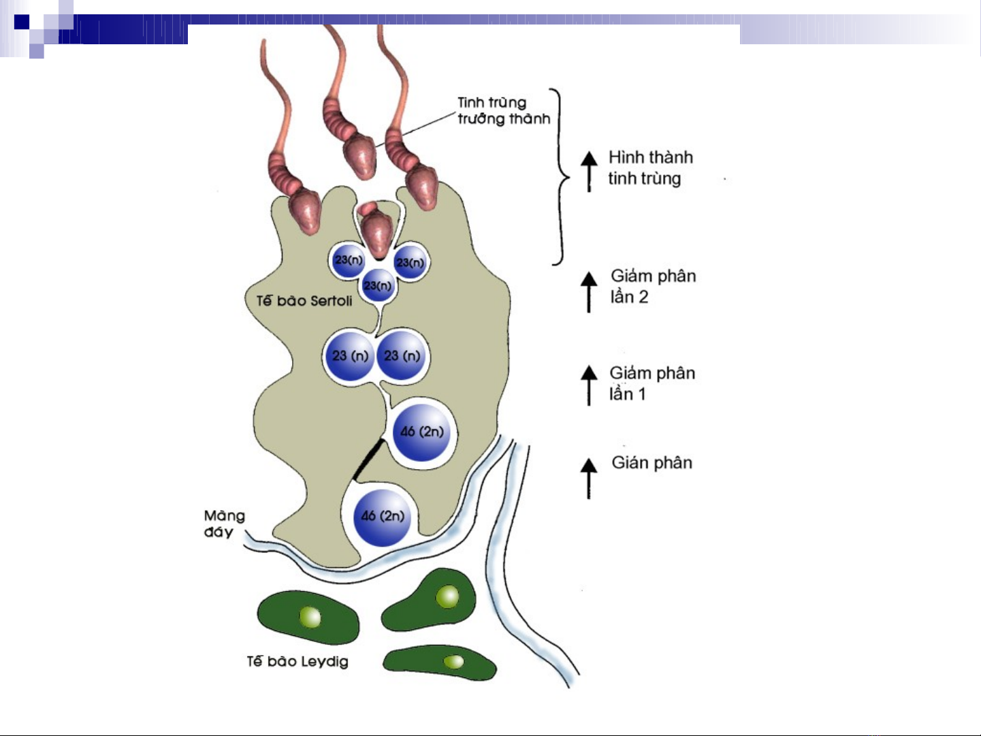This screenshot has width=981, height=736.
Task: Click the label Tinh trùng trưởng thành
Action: point(503,111)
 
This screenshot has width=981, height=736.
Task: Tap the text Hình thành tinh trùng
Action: point(649,167)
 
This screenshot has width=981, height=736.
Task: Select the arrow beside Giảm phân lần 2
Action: point(589,291)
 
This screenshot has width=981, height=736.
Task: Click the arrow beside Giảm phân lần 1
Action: point(589,385)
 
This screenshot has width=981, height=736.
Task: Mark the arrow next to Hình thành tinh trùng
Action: point(589,171)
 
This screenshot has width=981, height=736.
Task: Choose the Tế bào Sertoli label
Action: point(304,301)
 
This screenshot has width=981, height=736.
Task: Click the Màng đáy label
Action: point(224,524)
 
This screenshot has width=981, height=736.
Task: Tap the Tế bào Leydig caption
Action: point(297,661)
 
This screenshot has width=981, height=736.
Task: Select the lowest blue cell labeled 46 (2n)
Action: point(382,517)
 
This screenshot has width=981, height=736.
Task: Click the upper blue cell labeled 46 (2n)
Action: point(421,432)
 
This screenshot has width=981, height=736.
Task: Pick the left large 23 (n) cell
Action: point(349,356)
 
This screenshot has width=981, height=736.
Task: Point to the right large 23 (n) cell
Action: point(402,356)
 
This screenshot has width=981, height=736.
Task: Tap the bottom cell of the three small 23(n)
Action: point(378,285)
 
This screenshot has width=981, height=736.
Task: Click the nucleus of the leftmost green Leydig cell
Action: point(310,618)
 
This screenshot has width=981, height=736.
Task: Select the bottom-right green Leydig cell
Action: point(440,662)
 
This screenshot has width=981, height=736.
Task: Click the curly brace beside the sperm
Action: point(562,177)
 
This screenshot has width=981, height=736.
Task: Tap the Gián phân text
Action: point(652,463)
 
